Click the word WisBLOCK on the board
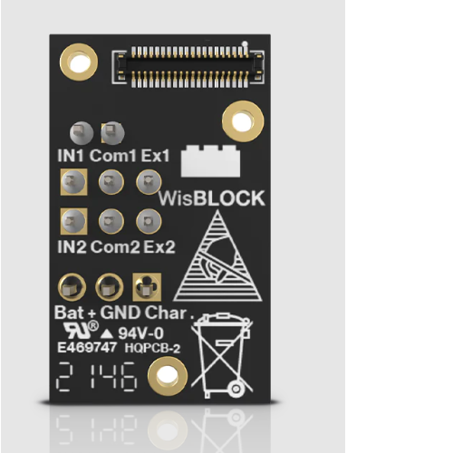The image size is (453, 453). pyautogui.click(x=212, y=198)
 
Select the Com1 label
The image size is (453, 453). pyautogui.click(x=113, y=156)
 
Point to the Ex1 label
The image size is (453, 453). pyautogui.click(x=155, y=156)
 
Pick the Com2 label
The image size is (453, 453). pyautogui.click(x=115, y=246)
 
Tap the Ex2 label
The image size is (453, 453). pyautogui.click(x=159, y=246)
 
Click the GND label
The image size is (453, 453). pyautogui.click(x=120, y=313)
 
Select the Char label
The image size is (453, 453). pyautogui.click(x=166, y=313)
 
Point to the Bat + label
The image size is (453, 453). pyautogui.click(x=75, y=313)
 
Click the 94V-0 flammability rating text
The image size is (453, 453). pyautogui.click(x=140, y=333)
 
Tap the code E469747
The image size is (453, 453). pyautogui.click(x=87, y=347)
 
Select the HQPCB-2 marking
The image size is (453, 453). pyautogui.click(x=152, y=348)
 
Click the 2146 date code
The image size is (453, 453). pyautogui.click(x=97, y=377)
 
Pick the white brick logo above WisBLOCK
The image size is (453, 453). pyautogui.click(x=210, y=161)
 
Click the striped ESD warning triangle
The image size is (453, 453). pyautogui.click(x=217, y=256)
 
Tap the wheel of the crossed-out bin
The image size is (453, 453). pyautogui.click(x=236, y=389)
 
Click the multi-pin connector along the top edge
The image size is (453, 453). pyautogui.click(x=188, y=67)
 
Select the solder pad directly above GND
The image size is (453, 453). pyautogui.click(x=110, y=287)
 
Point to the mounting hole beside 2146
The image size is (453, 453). pyautogui.click(x=168, y=376)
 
